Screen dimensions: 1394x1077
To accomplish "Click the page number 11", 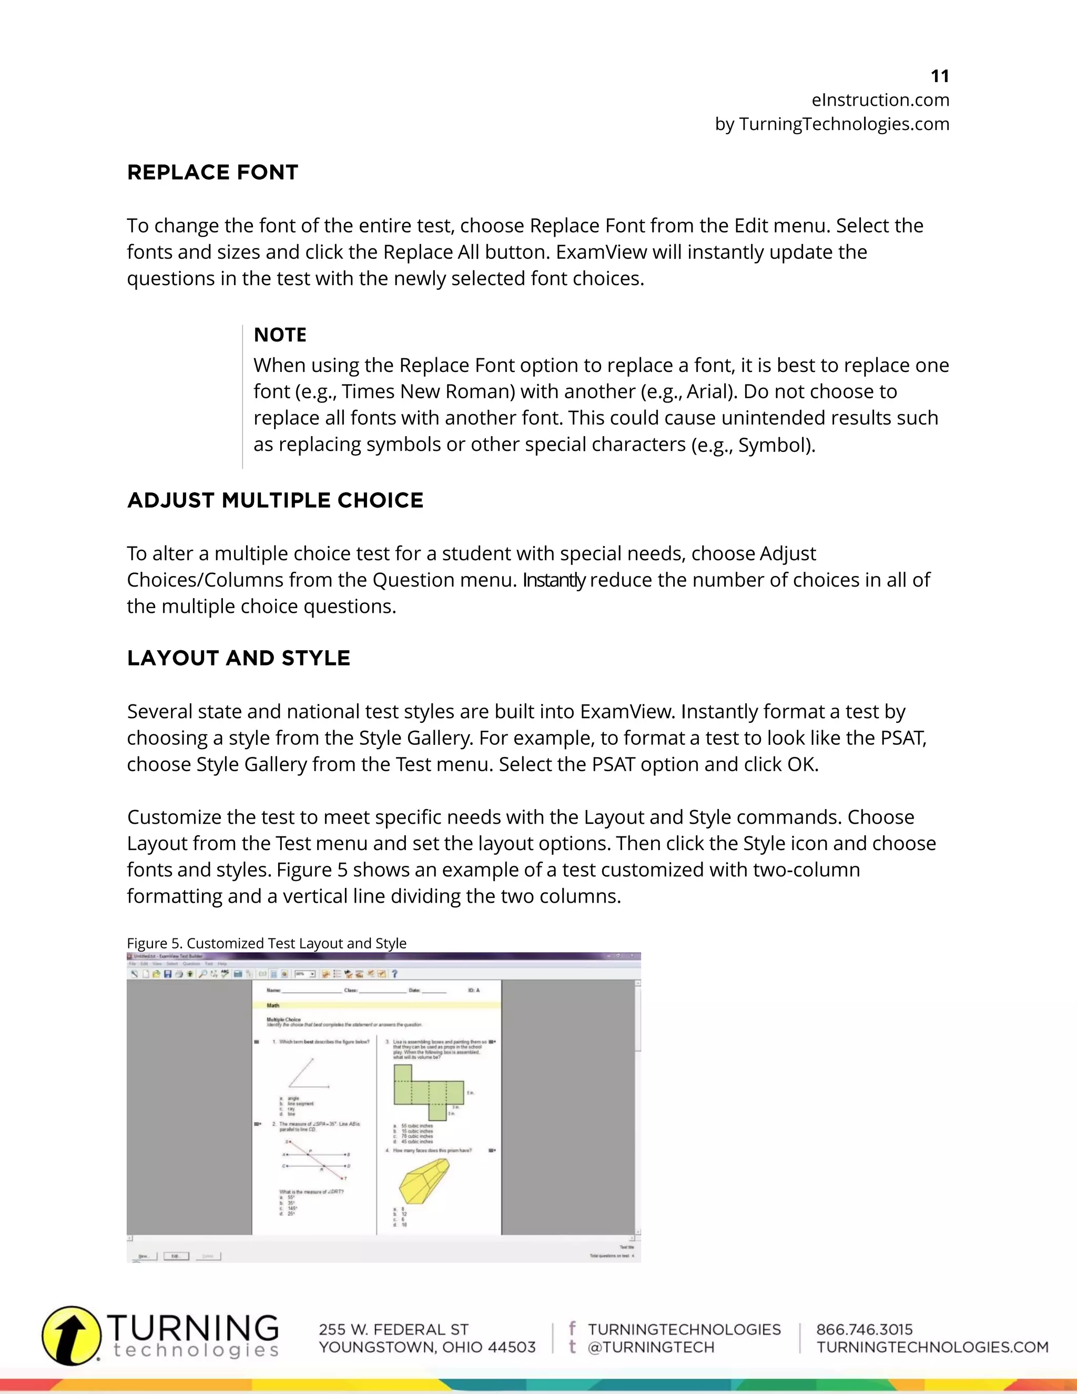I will pyautogui.click(x=939, y=77).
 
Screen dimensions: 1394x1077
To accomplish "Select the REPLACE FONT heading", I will pyautogui.click(x=212, y=173).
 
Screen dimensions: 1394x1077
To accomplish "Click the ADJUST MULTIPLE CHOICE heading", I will pyautogui.click(x=275, y=500).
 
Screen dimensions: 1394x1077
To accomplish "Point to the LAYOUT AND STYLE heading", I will pyautogui.click(x=239, y=658).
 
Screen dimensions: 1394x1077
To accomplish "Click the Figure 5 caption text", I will pyautogui.click(x=266, y=943).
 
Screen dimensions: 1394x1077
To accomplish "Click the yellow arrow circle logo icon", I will pyautogui.click(x=72, y=1335).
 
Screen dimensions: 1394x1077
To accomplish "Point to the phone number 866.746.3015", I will pyautogui.click(x=864, y=1329).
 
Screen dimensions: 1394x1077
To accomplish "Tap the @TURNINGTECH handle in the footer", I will pyautogui.click(x=651, y=1347).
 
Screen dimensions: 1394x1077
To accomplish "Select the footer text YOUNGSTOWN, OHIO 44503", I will pyautogui.click(x=427, y=1347).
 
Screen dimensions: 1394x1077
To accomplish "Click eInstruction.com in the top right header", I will pyautogui.click(x=880, y=100).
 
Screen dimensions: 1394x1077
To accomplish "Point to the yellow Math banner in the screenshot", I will pyautogui.click(x=377, y=1005).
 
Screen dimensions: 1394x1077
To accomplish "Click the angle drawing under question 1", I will pyautogui.click(x=308, y=1074).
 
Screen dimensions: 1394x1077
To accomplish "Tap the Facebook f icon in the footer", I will pyautogui.click(x=572, y=1328).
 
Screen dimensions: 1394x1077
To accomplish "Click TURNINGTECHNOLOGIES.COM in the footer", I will pyautogui.click(x=932, y=1347).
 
